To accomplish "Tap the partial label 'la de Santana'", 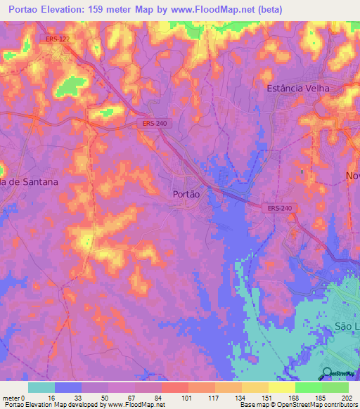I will [29, 181].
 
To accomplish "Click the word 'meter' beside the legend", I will [11, 398].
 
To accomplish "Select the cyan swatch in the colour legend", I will [41, 387].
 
